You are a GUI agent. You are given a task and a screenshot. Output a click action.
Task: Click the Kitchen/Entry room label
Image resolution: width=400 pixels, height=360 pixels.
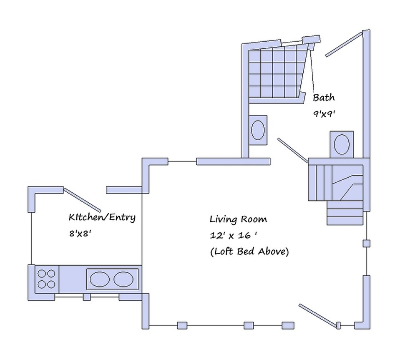(x=102, y=218)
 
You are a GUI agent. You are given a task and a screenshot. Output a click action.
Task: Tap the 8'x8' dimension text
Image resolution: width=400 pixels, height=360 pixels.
(x=81, y=234)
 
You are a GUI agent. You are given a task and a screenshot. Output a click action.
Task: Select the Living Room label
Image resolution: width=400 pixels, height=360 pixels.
(x=238, y=219)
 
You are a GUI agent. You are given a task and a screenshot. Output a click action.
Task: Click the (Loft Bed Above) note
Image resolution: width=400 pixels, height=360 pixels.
(x=249, y=252)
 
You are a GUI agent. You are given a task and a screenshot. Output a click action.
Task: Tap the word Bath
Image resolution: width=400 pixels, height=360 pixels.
(x=324, y=98)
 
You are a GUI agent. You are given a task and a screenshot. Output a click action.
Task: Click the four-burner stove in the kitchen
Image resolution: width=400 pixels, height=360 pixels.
(x=46, y=279)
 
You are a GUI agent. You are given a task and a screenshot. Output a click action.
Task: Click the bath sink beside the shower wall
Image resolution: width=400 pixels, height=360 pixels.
(x=257, y=130)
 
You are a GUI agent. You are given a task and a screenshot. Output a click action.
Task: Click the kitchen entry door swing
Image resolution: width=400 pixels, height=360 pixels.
(x=82, y=199)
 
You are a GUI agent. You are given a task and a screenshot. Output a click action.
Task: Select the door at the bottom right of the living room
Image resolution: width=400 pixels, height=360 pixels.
(x=317, y=314)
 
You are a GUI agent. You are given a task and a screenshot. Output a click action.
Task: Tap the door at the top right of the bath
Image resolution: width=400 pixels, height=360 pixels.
(x=342, y=45)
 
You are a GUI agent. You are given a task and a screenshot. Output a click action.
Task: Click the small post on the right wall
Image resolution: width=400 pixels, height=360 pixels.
(x=366, y=243)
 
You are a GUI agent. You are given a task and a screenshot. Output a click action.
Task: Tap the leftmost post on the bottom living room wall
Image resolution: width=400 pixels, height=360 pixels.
(x=182, y=325)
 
